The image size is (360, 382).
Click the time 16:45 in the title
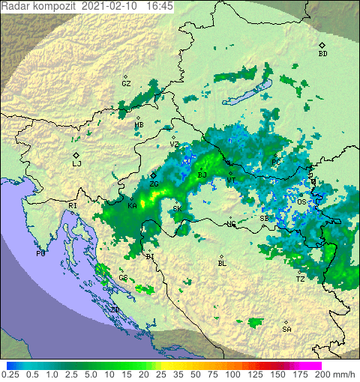[x=160, y=5]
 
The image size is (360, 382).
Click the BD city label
[x=322, y=54]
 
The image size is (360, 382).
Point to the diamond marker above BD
[x=322, y=45]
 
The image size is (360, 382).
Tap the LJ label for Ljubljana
[x=76, y=163]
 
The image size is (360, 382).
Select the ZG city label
[x=154, y=184]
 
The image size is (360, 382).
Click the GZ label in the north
[x=126, y=83]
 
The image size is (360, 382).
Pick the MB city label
[x=139, y=125]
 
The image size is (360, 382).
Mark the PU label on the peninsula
[x=40, y=254]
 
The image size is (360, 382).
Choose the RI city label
[x=73, y=205]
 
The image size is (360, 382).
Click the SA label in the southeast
[x=286, y=330]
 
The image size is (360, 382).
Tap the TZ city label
[x=300, y=279]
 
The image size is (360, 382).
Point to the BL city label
[x=221, y=264]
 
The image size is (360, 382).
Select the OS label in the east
[x=301, y=201]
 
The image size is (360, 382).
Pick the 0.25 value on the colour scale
[x=10, y=374]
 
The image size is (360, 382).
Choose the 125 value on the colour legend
[x=255, y=374]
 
